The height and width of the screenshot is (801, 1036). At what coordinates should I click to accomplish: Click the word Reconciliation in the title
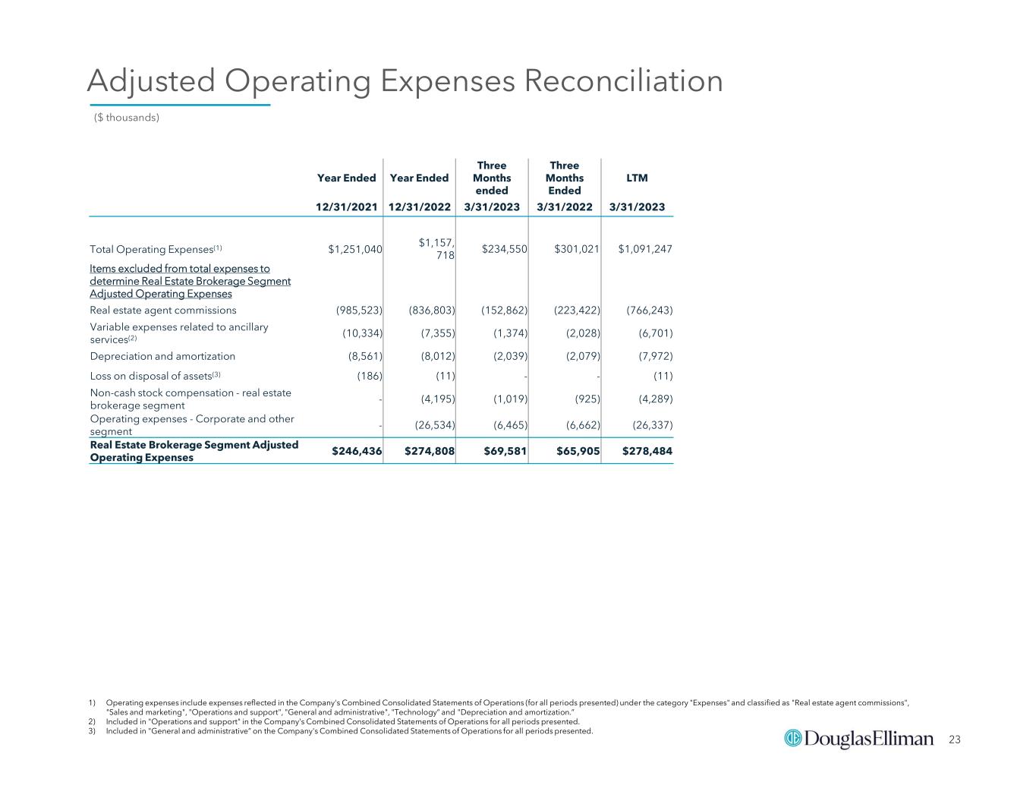[624, 80]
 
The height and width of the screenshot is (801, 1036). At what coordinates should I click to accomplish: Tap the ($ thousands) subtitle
[126, 117]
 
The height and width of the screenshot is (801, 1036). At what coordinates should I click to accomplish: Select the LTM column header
[637, 178]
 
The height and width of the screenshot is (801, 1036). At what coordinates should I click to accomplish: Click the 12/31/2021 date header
[347, 207]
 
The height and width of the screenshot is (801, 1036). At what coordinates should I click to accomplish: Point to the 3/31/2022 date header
[565, 207]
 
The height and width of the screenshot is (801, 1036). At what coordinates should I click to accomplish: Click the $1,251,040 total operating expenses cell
[355, 249]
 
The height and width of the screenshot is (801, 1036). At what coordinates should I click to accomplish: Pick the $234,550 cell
[505, 249]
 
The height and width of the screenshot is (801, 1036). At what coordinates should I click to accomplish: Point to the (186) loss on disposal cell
[370, 376]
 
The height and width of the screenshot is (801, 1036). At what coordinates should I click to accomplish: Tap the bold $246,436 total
[357, 450]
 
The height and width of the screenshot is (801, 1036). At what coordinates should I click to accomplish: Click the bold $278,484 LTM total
[647, 450]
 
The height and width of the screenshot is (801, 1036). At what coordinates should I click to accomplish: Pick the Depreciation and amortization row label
[162, 356]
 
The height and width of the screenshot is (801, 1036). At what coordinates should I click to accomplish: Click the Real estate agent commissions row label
[163, 310]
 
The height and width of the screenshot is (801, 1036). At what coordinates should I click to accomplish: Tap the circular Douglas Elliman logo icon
[793, 739]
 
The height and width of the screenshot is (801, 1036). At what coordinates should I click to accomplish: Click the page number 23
[955, 740]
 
